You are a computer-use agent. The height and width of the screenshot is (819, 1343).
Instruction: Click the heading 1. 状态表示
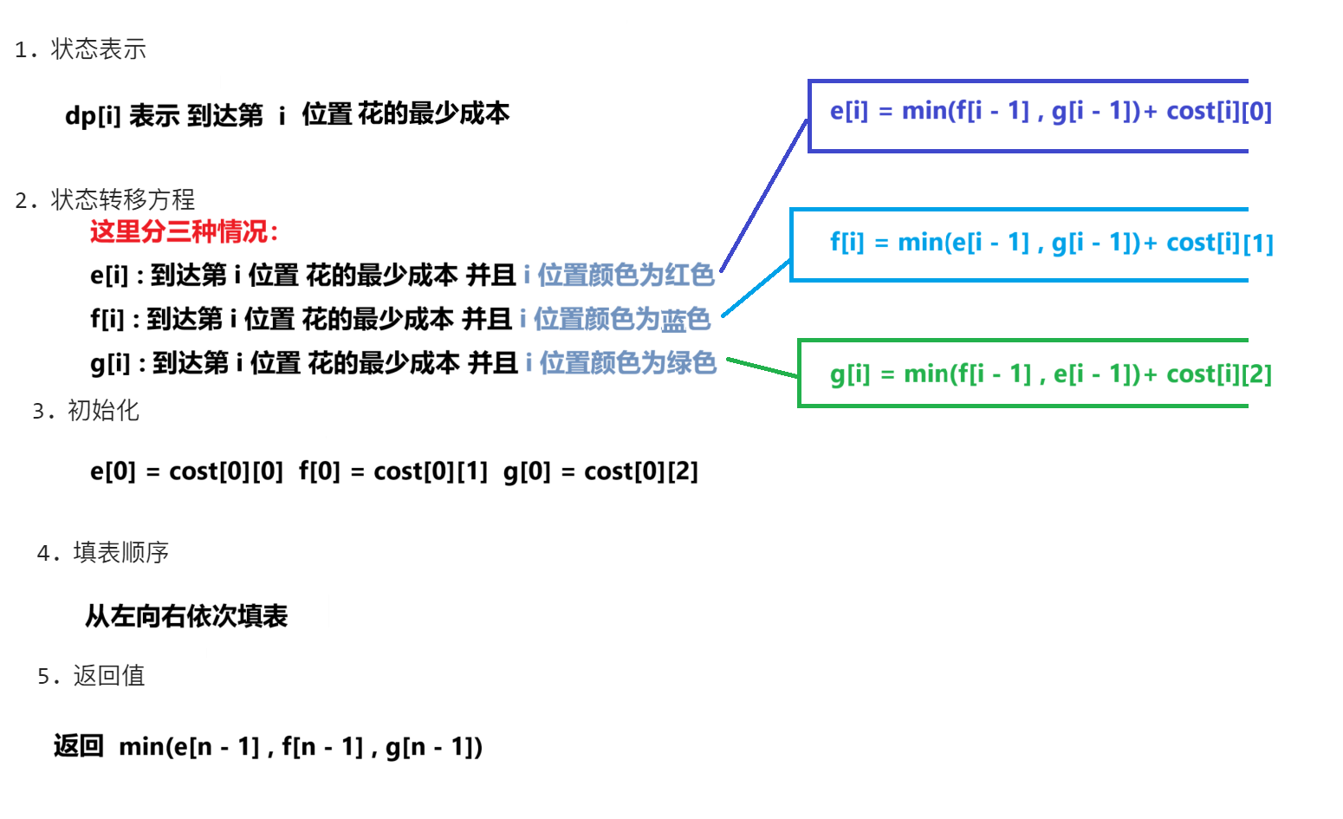click(81, 49)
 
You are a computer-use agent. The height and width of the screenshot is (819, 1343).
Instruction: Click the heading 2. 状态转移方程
click(105, 200)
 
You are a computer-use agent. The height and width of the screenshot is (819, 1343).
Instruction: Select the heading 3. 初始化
click(86, 411)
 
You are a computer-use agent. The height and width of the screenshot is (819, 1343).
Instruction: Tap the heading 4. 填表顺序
click(103, 553)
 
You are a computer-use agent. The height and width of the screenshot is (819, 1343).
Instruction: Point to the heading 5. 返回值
click(91, 676)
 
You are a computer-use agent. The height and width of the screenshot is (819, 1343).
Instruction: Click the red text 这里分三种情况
click(184, 232)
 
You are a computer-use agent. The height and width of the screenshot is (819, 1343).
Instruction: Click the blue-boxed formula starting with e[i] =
click(1050, 112)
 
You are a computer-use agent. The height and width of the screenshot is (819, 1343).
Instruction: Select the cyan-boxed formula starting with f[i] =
click(1050, 244)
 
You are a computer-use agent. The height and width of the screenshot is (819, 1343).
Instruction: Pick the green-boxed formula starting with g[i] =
click(1050, 374)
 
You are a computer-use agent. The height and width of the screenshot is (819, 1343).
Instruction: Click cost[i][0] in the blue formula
click(1219, 112)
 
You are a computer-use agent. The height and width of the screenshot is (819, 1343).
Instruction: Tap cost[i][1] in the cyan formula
click(1220, 244)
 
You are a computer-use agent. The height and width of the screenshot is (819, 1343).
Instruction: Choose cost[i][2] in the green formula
click(1219, 374)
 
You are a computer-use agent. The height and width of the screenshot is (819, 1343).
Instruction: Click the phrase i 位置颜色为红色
click(619, 276)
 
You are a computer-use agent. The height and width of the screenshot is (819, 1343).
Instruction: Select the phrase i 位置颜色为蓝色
click(615, 320)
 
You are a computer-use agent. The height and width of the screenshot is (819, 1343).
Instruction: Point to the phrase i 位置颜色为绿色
click(621, 363)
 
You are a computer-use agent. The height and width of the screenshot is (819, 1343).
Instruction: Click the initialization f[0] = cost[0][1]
click(393, 471)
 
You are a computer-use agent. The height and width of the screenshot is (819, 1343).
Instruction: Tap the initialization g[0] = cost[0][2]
click(600, 471)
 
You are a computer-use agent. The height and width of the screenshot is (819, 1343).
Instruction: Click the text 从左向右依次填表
click(186, 617)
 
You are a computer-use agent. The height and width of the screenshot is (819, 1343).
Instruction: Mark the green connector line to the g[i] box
click(762, 367)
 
